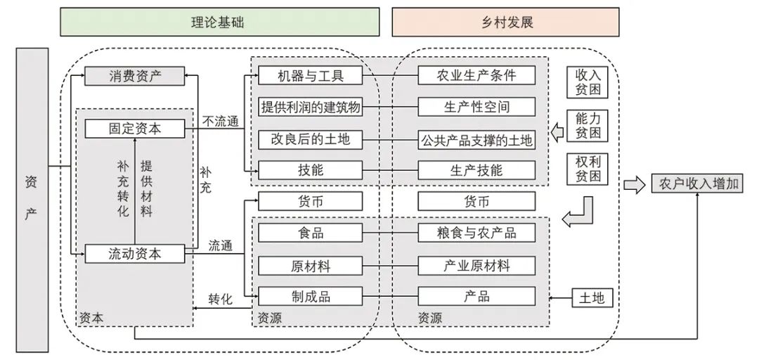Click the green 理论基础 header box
220,22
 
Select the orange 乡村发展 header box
505,22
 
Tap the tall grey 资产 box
32,200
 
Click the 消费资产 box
135,75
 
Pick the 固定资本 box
135,129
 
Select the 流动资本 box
135,253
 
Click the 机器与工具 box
310,75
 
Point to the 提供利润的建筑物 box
310,107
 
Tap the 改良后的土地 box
310,139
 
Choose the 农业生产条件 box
476,75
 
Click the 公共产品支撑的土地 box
476,139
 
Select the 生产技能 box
476,170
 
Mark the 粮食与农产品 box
476,233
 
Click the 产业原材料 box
476,265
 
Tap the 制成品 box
310,296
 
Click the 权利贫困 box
588,169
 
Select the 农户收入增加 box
699,185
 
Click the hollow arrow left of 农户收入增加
634,185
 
